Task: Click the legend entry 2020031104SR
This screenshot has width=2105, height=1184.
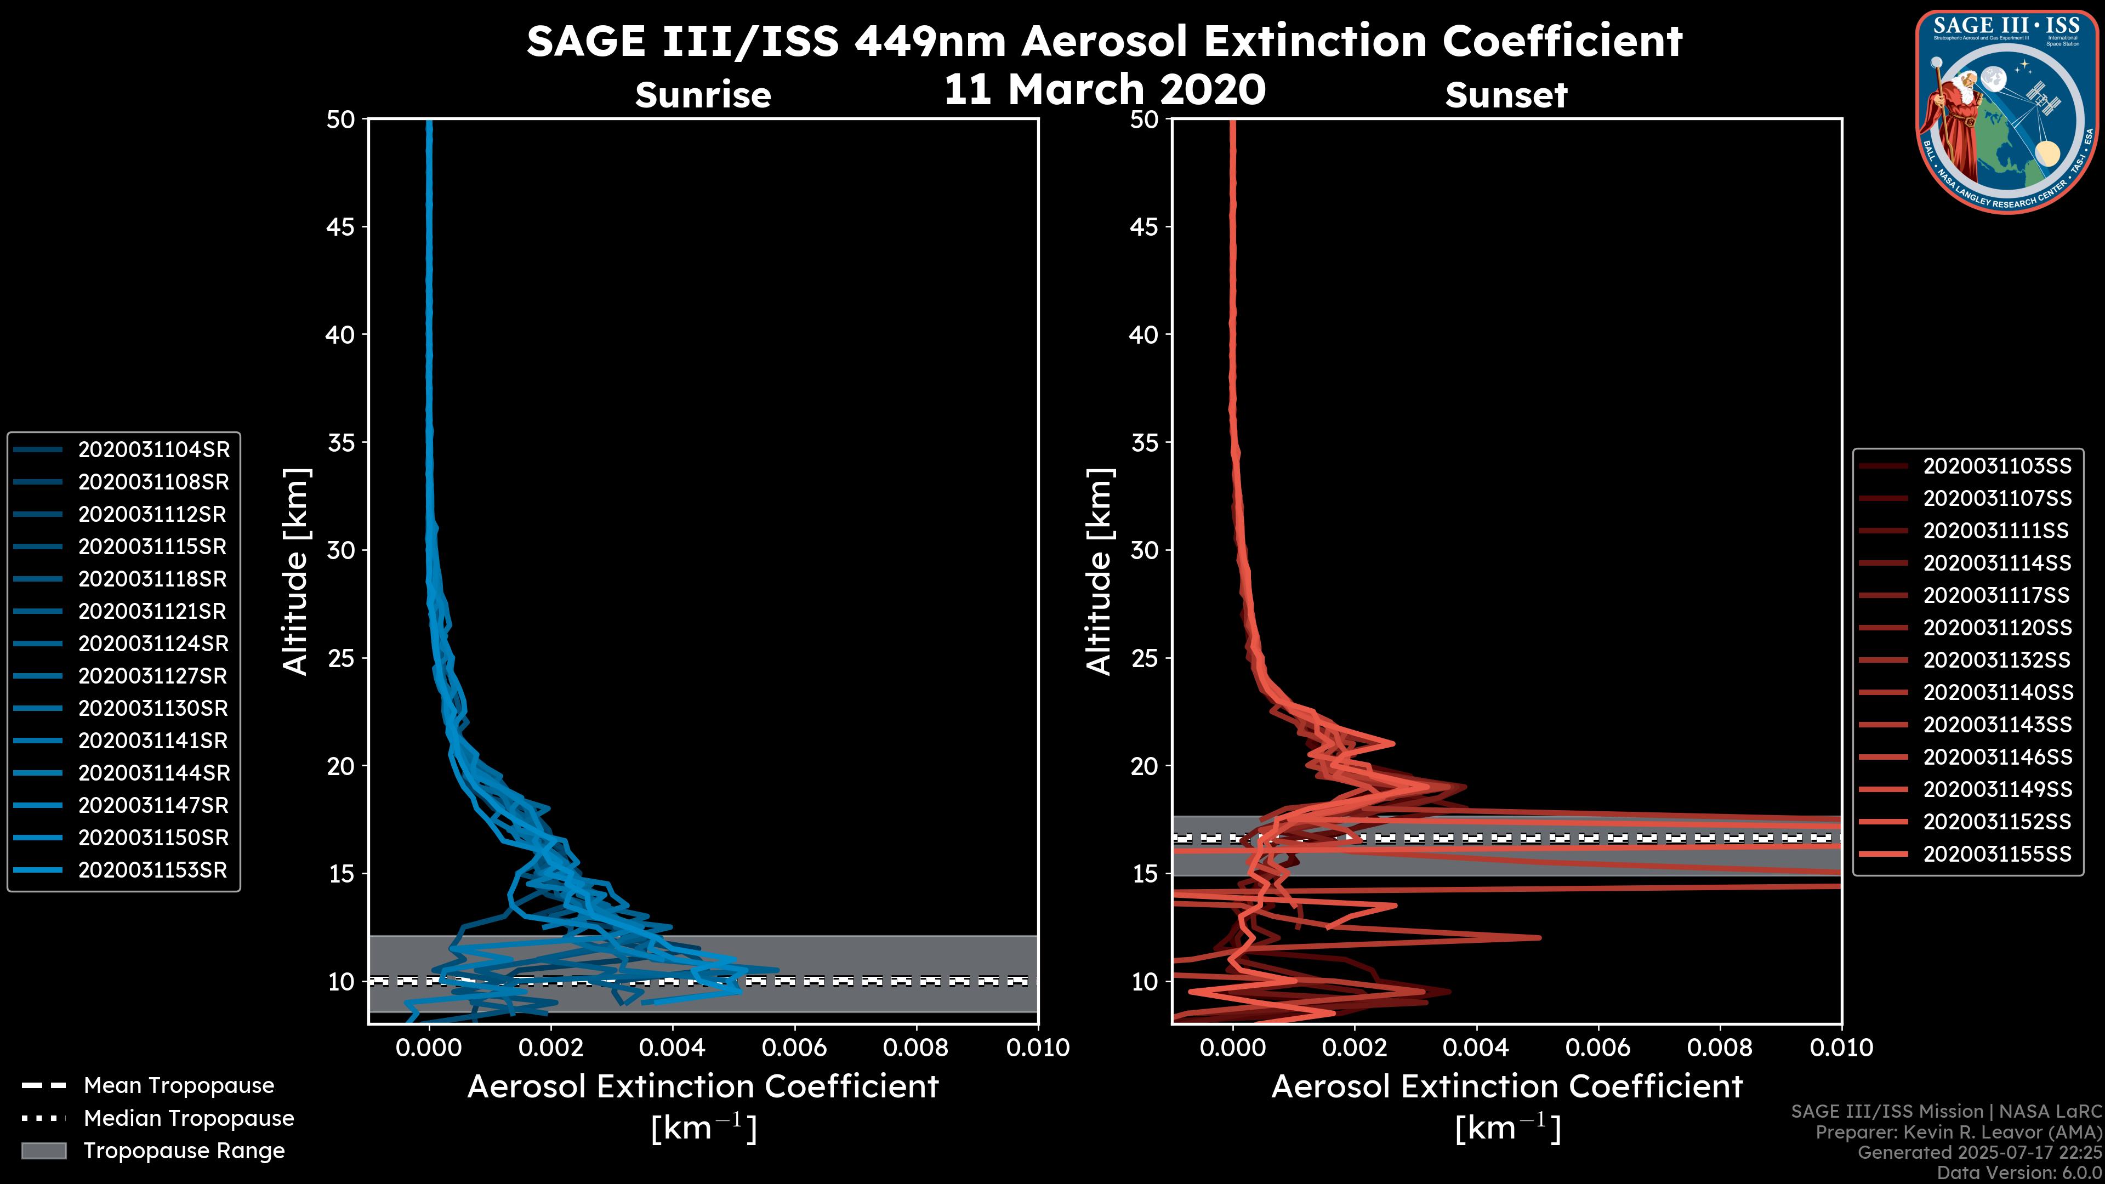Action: tap(153, 449)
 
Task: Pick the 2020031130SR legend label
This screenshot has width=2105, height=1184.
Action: tap(153, 708)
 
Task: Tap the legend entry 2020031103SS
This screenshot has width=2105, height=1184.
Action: tap(1997, 466)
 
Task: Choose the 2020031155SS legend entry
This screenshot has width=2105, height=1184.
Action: tap(1997, 854)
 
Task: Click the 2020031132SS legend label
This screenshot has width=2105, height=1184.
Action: tap(1997, 660)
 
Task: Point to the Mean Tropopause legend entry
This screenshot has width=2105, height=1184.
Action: tap(179, 1085)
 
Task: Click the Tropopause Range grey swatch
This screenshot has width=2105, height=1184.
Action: tap(44, 1151)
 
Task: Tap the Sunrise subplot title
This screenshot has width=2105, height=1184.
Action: tap(703, 95)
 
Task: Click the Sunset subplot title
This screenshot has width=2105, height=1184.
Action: tap(1506, 95)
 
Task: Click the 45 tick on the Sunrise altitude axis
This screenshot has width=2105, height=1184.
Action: tap(341, 226)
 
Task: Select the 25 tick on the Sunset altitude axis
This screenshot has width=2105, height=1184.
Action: tap(1145, 658)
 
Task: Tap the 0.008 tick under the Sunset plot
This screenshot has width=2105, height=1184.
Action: tap(1720, 1048)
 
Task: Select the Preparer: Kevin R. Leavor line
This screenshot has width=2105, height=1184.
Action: tap(1958, 1132)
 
